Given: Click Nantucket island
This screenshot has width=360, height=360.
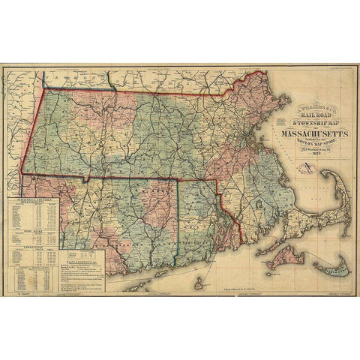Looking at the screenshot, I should pos(329,265).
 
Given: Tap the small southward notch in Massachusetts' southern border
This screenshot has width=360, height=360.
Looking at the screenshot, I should pos(86,181).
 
